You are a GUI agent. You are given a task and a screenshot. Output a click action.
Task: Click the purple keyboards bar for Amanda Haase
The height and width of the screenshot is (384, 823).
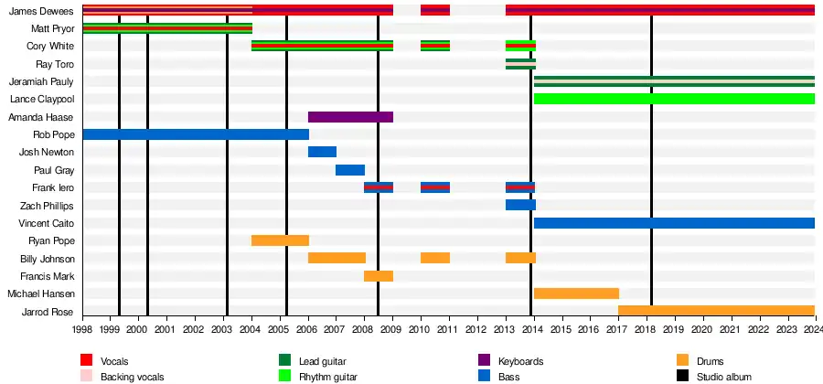click(350, 117)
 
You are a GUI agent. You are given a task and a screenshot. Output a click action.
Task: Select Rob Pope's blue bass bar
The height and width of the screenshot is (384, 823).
click(195, 134)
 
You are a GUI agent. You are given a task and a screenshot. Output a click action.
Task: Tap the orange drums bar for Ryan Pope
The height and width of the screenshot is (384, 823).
click(280, 240)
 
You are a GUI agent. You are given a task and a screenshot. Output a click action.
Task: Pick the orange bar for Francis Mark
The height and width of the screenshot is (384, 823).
click(379, 276)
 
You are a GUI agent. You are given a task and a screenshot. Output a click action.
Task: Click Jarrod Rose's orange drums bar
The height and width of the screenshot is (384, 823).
click(716, 311)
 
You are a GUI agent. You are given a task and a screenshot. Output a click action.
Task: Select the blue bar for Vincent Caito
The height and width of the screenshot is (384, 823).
click(674, 223)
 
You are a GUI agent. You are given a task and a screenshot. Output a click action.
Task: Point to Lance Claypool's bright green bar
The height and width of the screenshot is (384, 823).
click(674, 99)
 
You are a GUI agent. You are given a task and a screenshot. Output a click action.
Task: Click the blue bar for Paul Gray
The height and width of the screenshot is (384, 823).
click(350, 170)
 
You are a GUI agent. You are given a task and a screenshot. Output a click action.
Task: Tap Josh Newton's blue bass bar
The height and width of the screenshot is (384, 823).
click(322, 152)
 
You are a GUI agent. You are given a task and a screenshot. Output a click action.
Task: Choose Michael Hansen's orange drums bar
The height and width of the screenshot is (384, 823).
click(576, 293)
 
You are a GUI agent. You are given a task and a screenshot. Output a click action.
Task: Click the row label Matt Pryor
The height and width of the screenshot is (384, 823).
click(52, 29)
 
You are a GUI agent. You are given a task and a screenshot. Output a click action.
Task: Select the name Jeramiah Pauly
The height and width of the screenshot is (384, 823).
click(41, 81)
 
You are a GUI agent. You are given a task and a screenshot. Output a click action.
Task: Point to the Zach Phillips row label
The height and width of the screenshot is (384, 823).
click(47, 206)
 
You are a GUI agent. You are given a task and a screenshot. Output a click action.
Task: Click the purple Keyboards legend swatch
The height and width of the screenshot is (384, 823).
click(484, 360)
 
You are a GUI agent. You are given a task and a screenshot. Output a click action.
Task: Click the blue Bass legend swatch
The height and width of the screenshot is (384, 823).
click(484, 376)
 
